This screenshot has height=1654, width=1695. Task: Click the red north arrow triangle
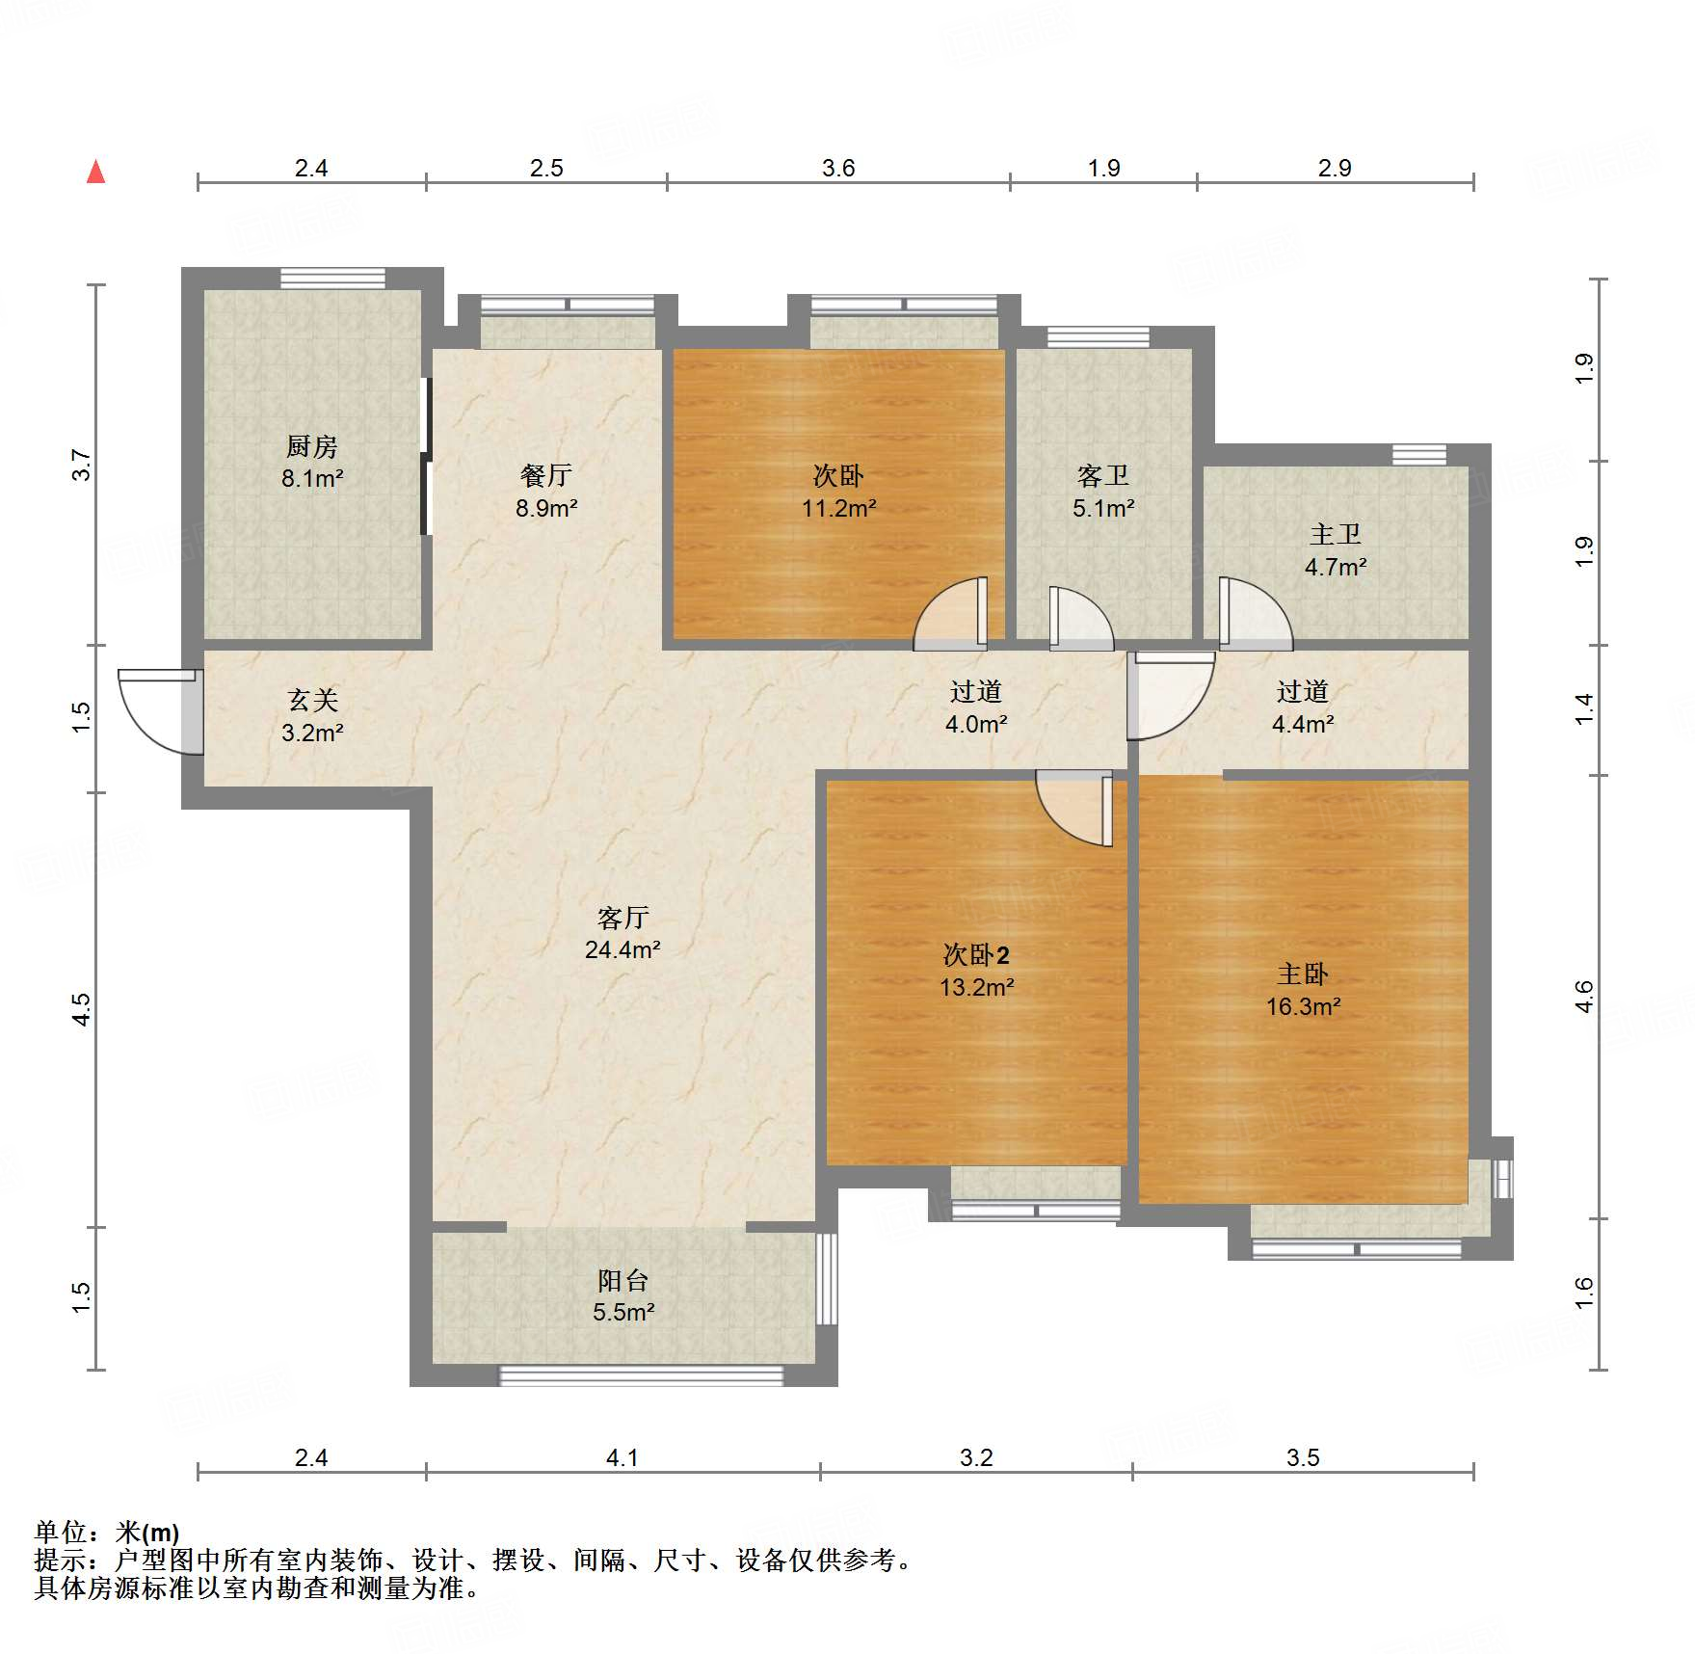pos(95,172)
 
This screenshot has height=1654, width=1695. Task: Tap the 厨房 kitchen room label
pos(311,446)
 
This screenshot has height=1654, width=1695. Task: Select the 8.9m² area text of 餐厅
pos(545,508)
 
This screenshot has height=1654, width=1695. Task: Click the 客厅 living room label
pos(622,917)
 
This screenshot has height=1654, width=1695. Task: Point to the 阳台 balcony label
pos(622,1280)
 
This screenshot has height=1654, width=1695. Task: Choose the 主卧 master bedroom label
pos(1303,974)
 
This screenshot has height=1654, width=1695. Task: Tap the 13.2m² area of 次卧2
pos(977,987)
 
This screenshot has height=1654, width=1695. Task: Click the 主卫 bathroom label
pos(1335,534)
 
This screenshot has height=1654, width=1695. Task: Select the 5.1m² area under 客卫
pos(1103,508)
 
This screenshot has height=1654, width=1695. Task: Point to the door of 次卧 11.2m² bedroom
pos(950,613)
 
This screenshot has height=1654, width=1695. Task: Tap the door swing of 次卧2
pos(1073,808)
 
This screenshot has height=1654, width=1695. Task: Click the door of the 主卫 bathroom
pos(1256,613)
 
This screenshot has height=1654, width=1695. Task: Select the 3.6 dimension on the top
pos(838,168)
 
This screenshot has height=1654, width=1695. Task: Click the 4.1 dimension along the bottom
pos(622,1457)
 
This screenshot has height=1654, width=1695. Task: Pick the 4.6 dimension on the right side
pos(1583,997)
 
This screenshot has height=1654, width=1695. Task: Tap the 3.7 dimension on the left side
pos(81,466)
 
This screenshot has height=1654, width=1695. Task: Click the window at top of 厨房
pos(332,278)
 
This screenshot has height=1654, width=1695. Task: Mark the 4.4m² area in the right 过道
pos(1303,724)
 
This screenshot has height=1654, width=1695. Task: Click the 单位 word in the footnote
pos(60,1532)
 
